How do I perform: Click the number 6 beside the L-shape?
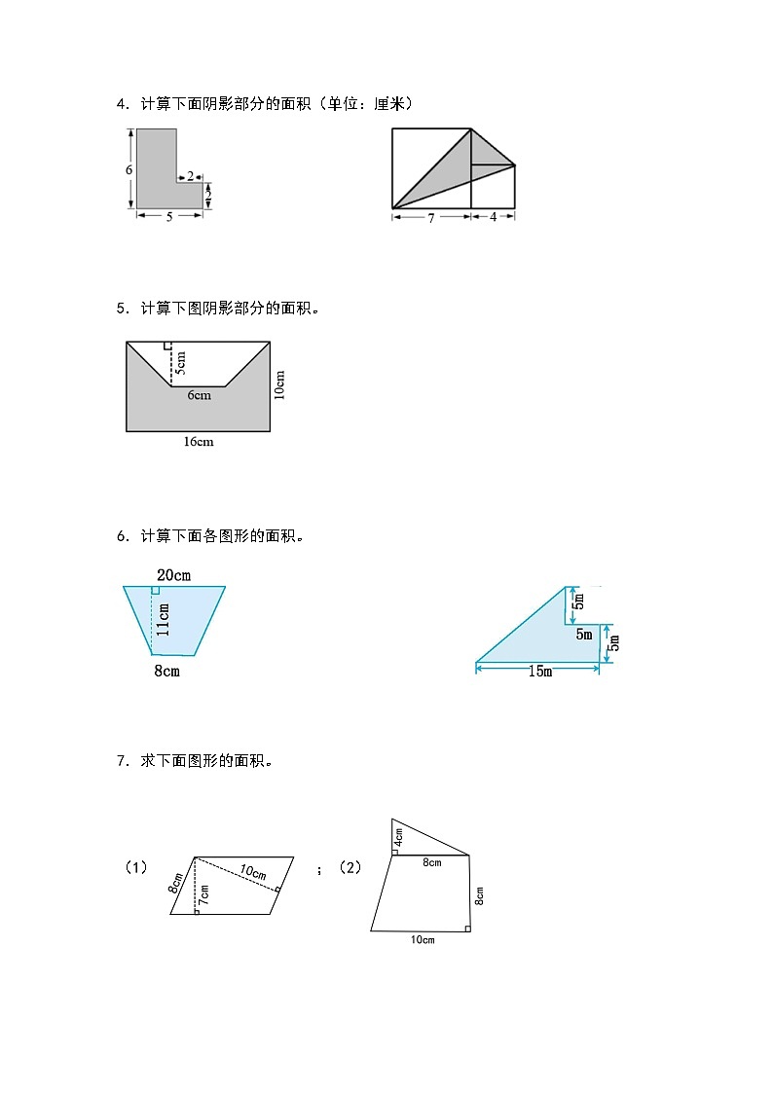click(129, 169)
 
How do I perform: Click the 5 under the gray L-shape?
click(169, 217)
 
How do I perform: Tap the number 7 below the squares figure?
click(431, 217)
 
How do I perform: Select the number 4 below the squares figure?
click(494, 217)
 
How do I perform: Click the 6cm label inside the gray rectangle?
click(199, 395)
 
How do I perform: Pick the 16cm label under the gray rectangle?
click(198, 442)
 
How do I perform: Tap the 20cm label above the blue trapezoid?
click(173, 575)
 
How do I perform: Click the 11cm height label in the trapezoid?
click(164, 620)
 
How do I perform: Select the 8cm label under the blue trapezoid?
click(167, 671)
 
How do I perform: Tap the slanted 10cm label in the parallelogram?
click(251, 872)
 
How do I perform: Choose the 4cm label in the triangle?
click(398, 837)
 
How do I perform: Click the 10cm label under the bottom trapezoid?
click(423, 939)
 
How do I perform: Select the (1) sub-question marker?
click(136, 866)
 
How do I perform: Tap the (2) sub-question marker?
click(350, 866)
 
